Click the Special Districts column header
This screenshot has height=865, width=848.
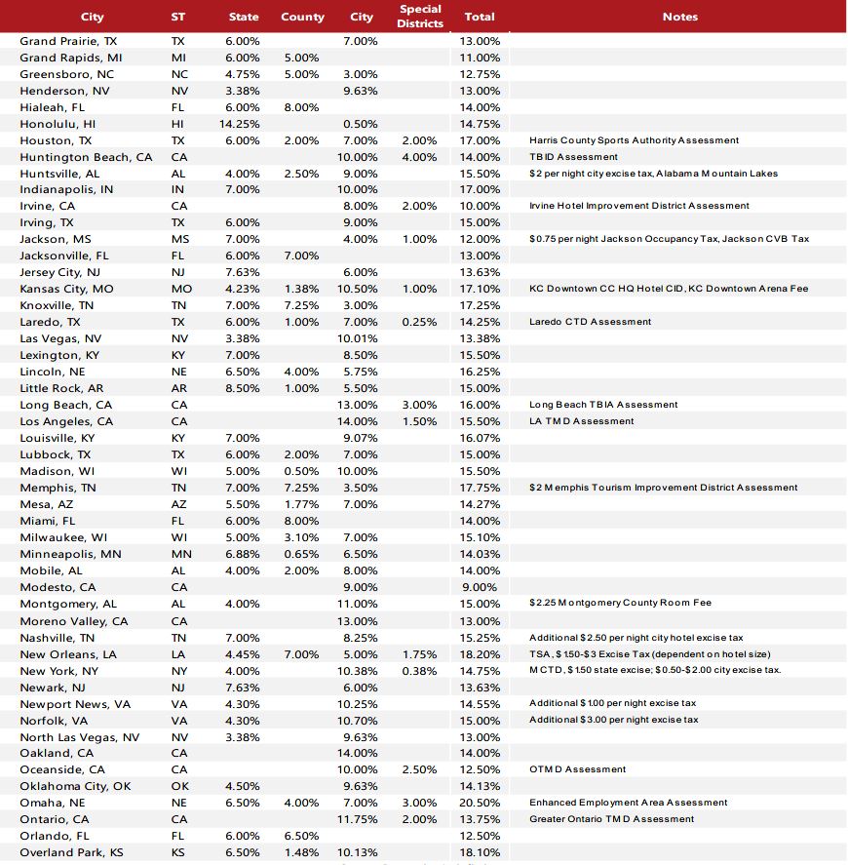click(420, 16)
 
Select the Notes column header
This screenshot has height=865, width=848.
click(679, 17)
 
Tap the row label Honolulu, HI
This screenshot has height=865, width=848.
click(58, 124)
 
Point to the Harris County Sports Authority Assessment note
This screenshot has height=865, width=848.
click(634, 140)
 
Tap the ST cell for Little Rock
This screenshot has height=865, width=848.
click(178, 388)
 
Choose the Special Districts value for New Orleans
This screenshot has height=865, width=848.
click(419, 654)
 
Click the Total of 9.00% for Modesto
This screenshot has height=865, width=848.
click(479, 587)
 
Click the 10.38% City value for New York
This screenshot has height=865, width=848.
click(360, 671)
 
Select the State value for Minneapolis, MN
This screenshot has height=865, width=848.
click(243, 554)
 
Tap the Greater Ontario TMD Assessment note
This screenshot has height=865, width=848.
click(611, 819)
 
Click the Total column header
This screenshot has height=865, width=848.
click(480, 17)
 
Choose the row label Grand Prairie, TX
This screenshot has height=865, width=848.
click(68, 41)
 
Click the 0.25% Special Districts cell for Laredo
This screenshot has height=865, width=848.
click(419, 322)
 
